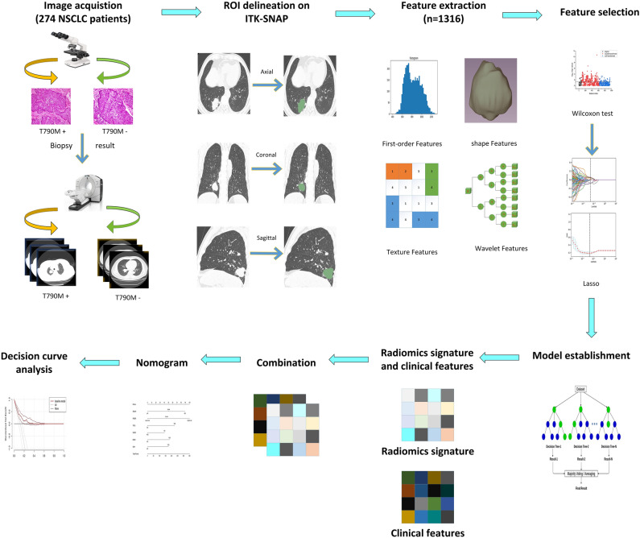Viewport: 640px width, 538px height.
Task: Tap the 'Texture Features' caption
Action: click(411, 252)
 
